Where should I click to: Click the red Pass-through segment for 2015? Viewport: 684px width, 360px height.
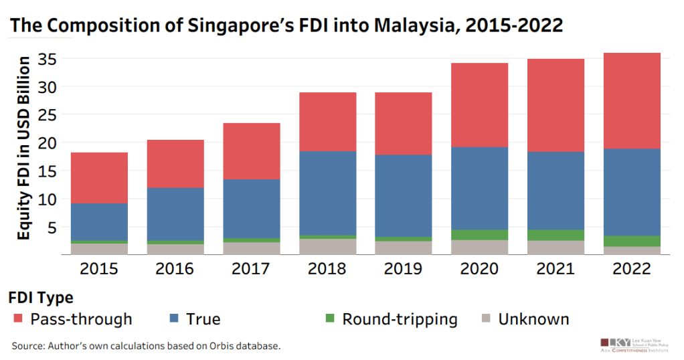click(x=100, y=177)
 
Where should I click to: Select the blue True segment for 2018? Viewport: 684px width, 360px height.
click(x=327, y=193)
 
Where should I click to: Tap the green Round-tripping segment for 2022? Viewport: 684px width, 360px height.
click(x=632, y=241)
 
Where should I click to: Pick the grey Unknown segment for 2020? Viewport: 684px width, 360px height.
click(x=479, y=247)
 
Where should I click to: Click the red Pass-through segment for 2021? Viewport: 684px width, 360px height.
click(x=555, y=105)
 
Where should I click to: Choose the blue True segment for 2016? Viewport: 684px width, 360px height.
click(x=175, y=214)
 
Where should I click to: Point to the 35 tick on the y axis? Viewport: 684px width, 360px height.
click(x=45, y=60)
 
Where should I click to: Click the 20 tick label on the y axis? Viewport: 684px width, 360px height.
click(x=45, y=143)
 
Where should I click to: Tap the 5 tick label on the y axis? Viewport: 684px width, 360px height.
click(x=50, y=227)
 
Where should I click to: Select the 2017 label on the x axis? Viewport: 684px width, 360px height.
click(x=252, y=269)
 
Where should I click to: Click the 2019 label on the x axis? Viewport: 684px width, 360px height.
click(x=404, y=269)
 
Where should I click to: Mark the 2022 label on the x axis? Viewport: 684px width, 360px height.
click(x=632, y=269)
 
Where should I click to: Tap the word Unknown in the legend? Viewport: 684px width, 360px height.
click(x=533, y=319)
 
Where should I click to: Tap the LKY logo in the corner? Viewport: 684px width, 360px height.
click(x=615, y=343)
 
